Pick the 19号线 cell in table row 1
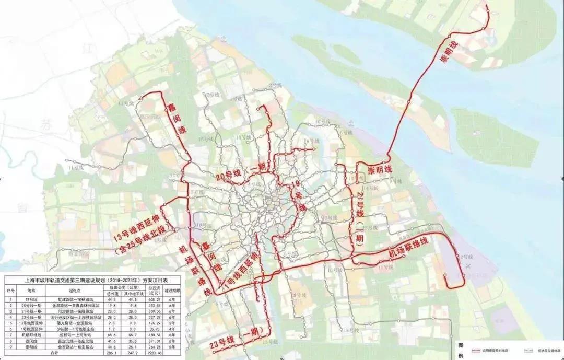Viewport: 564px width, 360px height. pos(31,299)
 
